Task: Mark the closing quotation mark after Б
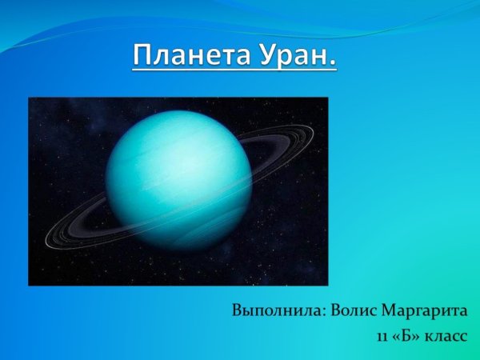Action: [x=414, y=335]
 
